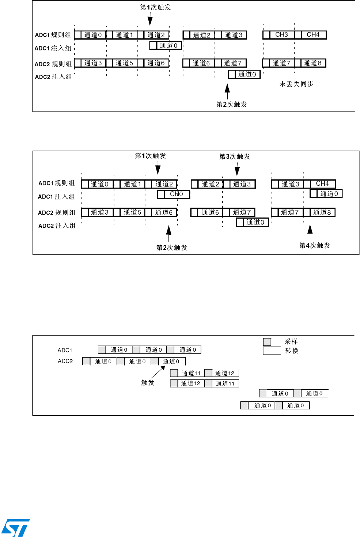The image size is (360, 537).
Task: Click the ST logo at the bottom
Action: click(x=15, y=527)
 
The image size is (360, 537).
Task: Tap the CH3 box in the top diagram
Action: click(x=281, y=35)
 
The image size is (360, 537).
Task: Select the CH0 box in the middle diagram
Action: click(x=176, y=194)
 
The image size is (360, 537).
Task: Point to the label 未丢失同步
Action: click(x=296, y=84)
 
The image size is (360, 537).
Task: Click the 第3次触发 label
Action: click(x=235, y=156)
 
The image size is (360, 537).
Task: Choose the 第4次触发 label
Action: click(x=315, y=245)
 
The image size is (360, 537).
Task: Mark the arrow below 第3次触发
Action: click(x=237, y=169)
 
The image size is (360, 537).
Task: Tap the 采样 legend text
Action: click(x=291, y=341)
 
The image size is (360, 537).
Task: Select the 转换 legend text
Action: click(x=292, y=351)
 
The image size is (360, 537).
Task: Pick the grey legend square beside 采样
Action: click(x=267, y=342)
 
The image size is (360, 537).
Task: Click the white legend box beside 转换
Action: click(x=272, y=351)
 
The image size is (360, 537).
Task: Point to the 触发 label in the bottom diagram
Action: click(x=148, y=382)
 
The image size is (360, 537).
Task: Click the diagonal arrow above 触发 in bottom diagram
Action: click(x=158, y=372)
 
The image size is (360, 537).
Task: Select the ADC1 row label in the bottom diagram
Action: click(x=65, y=350)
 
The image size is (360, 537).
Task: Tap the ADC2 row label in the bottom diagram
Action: click(x=65, y=361)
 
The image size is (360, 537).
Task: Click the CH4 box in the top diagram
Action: click(x=313, y=35)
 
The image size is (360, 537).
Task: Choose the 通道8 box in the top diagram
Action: click(x=312, y=63)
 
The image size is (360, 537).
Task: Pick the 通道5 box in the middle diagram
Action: click(x=132, y=212)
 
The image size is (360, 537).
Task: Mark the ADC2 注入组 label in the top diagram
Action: click(x=54, y=77)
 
